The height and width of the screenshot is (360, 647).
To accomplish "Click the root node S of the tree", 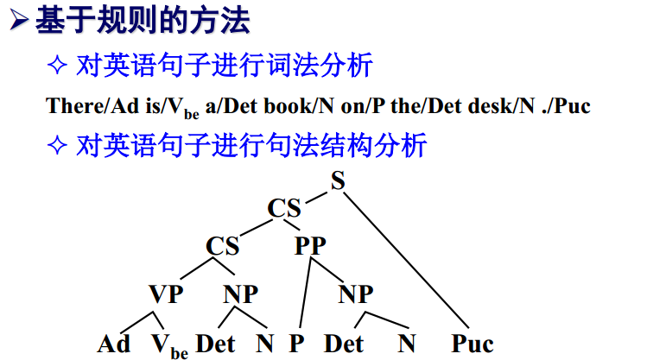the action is click(x=338, y=180).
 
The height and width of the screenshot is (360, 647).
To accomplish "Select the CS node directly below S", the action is click(x=284, y=209).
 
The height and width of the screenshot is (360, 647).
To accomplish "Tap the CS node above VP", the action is click(x=223, y=246).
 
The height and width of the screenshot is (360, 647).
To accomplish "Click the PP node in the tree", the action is click(x=310, y=246).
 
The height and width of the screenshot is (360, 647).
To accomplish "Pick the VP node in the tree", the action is click(x=166, y=294).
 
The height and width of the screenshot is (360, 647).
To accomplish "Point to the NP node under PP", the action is click(x=355, y=294).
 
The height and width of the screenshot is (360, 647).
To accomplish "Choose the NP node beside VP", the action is click(x=241, y=294).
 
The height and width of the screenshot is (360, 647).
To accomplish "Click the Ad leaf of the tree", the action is click(x=114, y=344).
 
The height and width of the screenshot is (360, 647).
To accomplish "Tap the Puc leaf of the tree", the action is click(x=472, y=344).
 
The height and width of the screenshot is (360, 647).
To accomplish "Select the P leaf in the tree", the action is click(x=296, y=344).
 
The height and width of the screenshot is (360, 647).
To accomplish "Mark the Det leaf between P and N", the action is click(x=344, y=344).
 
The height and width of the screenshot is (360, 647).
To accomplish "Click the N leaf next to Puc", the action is click(x=408, y=344).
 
